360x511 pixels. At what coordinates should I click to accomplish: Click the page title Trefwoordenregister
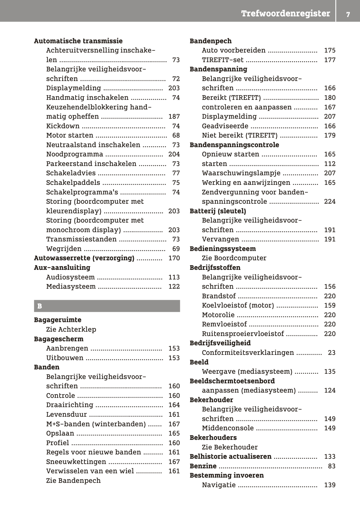click(x=286, y=14)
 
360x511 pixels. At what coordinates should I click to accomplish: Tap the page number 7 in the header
click(x=348, y=15)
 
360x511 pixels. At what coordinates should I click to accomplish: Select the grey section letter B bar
click(x=107, y=306)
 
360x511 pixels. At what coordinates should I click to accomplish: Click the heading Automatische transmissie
click(x=78, y=41)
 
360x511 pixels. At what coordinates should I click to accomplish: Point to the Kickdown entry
click(x=63, y=126)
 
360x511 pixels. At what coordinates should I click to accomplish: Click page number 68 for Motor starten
click(x=176, y=135)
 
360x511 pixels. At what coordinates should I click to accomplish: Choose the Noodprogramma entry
click(x=74, y=154)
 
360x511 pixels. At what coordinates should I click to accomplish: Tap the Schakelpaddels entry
click(x=73, y=183)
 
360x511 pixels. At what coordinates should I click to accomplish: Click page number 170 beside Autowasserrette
click(x=174, y=258)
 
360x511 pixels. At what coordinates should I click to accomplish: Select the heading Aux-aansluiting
click(x=62, y=268)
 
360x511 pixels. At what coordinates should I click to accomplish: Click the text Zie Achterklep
click(x=71, y=330)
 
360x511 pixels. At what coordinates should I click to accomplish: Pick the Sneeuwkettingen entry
click(x=76, y=462)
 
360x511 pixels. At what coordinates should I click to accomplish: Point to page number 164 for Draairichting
click(x=174, y=405)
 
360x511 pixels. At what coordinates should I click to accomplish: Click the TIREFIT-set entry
click(x=222, y=60)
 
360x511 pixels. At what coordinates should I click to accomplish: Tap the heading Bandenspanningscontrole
click(x=234, y=145)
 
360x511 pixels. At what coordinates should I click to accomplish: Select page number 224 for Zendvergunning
click(x=330, y=202)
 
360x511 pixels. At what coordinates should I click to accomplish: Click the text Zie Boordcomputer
click(x=234, y=258)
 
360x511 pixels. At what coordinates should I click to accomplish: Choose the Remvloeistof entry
click(x=224, y=324)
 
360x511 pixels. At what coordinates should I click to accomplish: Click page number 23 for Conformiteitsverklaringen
click(x=332, y=353)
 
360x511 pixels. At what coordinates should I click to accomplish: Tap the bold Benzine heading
click(x=203, y=466)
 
